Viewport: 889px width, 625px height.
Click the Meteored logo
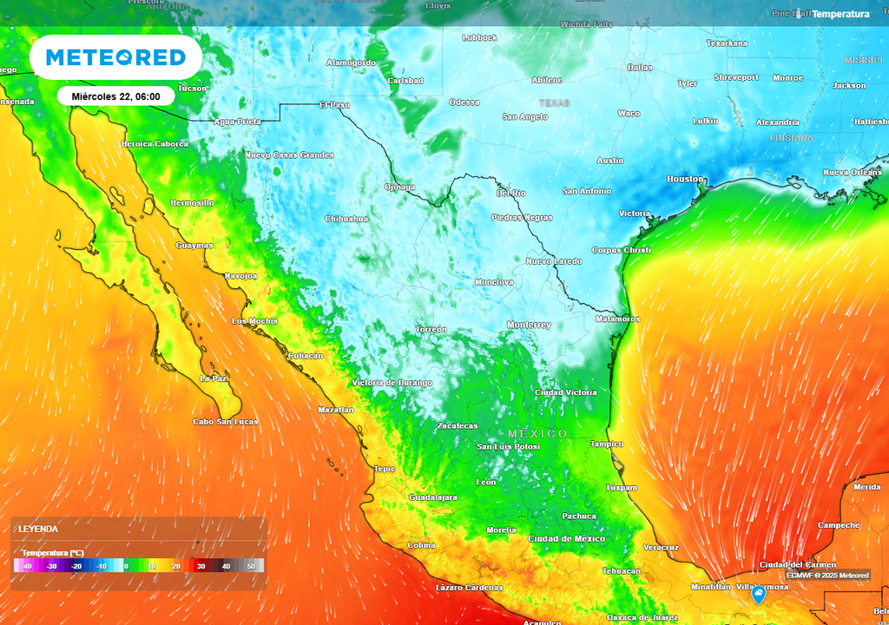[115, 57]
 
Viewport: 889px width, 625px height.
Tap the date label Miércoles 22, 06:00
[115, 96]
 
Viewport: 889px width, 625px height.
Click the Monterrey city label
[529, 325]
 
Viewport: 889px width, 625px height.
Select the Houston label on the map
[685, 179]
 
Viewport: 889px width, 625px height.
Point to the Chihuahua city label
[346, 219]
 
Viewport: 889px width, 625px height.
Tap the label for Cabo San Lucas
[226, 422]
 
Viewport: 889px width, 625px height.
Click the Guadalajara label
[433, 497]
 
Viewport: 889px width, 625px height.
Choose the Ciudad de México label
[566, 539]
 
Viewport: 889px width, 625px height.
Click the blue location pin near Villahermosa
[758, 594]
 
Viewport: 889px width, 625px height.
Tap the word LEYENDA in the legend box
[39, 529]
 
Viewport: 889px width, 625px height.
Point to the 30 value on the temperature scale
[201, 566]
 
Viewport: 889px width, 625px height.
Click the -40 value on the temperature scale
[27, 566]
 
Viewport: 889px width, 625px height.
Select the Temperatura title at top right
[840, 14]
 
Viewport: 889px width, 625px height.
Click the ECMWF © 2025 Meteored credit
[827, 576]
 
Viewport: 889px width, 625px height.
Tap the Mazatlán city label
[336, 409]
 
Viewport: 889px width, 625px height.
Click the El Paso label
[334, 105]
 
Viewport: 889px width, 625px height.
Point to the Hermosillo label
[192, 203]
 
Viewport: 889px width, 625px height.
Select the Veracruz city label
[661, 548]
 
